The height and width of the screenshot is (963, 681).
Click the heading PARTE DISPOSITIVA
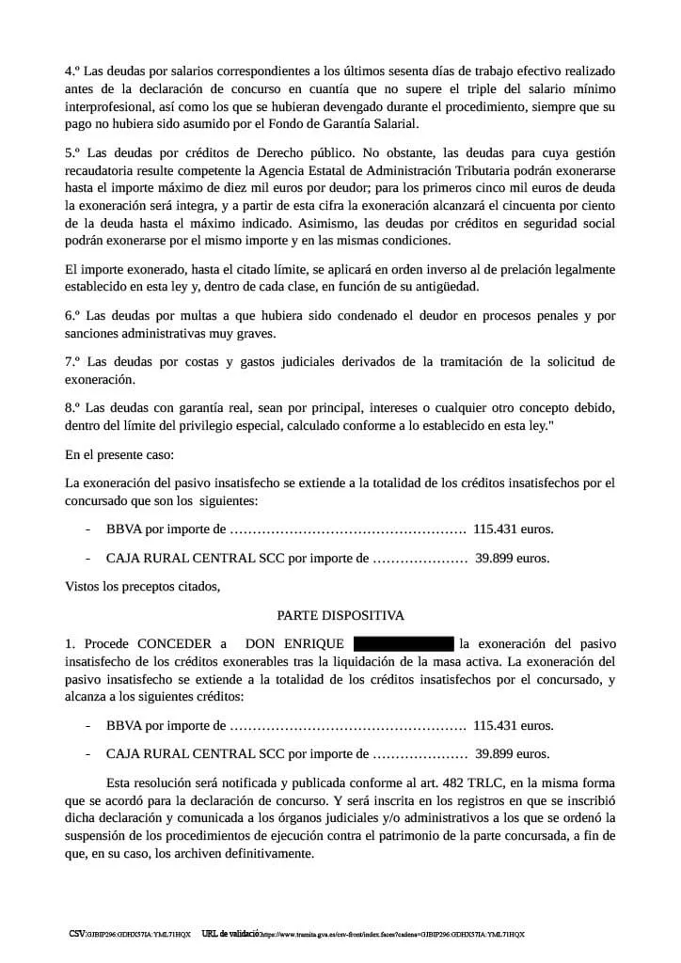340,615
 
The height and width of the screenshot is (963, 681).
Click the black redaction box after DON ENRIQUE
404,644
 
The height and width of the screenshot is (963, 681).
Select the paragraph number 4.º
72,71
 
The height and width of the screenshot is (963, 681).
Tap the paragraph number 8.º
72,409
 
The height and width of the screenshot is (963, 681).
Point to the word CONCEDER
178,644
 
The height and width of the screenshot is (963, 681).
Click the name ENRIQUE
314,644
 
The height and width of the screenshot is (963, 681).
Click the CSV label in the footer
76,934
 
